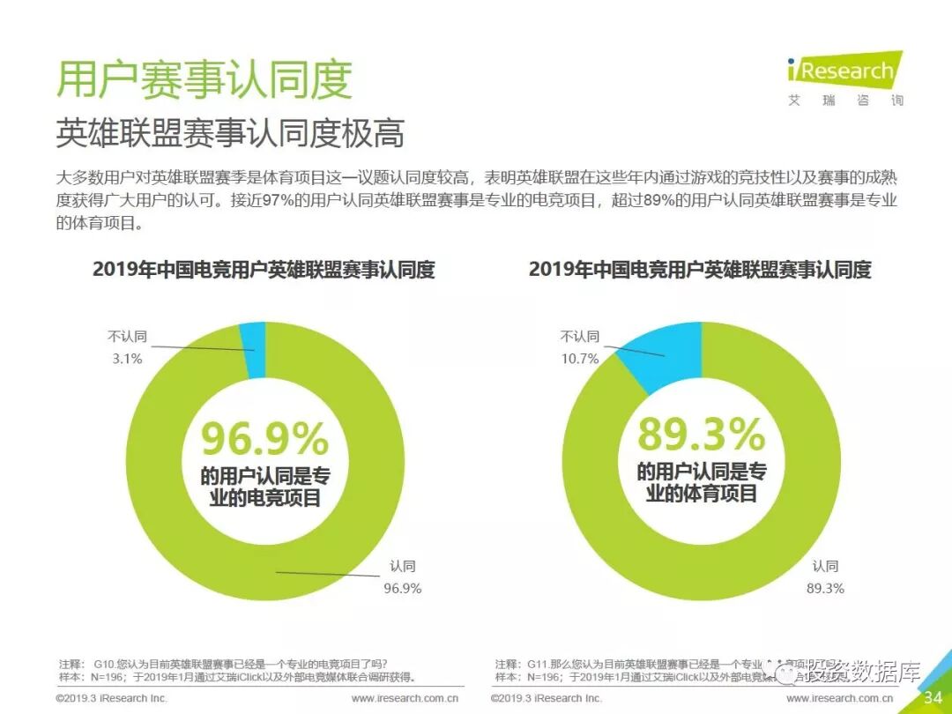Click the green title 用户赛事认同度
coord(205,79)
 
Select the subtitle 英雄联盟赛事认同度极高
coord(230,133)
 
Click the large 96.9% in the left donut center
coord(264,439)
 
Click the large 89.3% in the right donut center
coord(702,434)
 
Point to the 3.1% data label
coord(127,359)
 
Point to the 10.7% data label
coord(580,359)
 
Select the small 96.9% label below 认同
coord(402,588)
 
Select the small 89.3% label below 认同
coord(825,588)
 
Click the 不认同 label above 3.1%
coord(127,336)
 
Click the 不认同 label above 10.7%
coord(580,336)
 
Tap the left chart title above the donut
coord(264,270)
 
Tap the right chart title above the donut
coord(700,270)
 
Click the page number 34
coord(933,698)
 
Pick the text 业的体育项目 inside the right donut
coord(702,494)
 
